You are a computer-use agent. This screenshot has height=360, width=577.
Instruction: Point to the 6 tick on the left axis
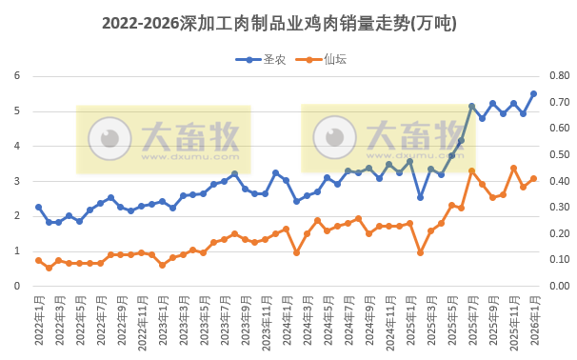(16, 76)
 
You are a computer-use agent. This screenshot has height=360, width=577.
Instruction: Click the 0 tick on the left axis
(16, 286)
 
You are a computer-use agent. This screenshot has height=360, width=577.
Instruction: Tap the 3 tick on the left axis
(16, 181)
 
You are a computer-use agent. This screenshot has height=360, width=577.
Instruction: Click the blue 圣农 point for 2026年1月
(533, 93)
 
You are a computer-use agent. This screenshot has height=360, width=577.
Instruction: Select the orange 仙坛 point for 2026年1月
(533, 178)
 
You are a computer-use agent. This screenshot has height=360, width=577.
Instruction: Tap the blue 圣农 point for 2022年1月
(38, 207)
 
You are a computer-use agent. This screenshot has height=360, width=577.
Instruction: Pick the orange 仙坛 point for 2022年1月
(38, 260)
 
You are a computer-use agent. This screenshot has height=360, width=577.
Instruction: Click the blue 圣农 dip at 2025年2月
(420, 197)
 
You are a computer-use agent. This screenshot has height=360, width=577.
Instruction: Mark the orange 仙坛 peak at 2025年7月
(471, 170)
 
